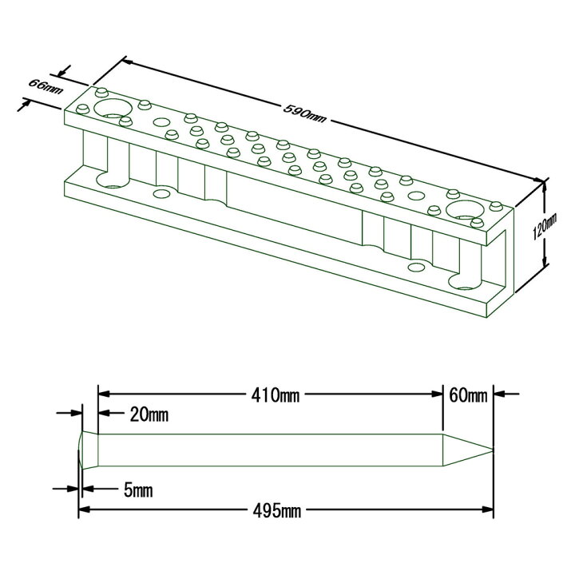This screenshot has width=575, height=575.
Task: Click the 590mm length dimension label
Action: tap(304, 113)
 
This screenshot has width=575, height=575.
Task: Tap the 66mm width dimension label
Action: tap(46, 86)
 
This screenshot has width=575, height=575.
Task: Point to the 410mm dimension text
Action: tap(275, 395)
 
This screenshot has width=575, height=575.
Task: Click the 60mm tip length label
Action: tap(468, 395)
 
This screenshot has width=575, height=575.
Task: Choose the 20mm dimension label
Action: tap(149, 414)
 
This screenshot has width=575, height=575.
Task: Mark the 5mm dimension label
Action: tap(138, 490)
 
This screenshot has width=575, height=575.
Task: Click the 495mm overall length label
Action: tap(277, 510)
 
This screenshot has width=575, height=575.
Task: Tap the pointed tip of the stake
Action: tap(493, 450)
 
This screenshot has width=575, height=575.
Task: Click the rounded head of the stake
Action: tap(88, 450)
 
